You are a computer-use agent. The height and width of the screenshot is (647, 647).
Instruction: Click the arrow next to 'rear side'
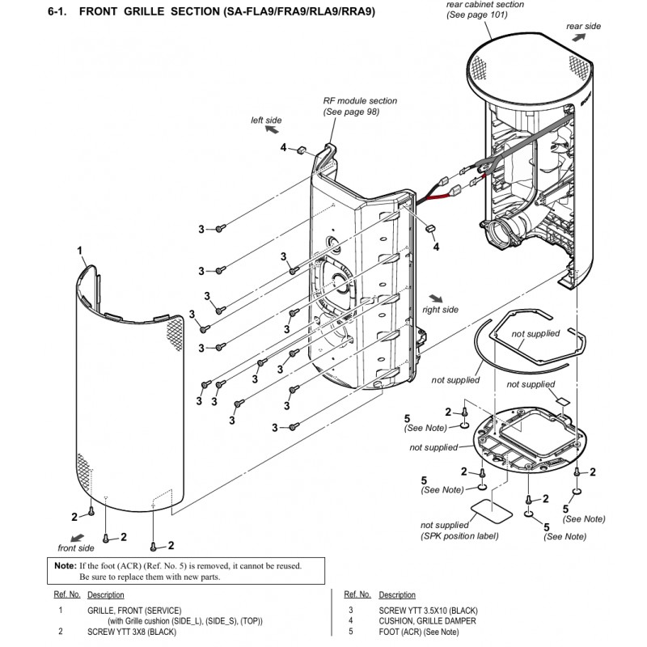coord(578,37)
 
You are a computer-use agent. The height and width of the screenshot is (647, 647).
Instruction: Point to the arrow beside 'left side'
coord(272,130)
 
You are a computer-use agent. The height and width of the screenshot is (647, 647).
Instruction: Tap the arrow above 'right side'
coord(436,298)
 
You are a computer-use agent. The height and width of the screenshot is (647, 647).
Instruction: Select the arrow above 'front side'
coord(77,538)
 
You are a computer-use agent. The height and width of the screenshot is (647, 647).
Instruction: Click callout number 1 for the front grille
coord(79,251)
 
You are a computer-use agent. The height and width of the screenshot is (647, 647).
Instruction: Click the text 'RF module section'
coord(360,100)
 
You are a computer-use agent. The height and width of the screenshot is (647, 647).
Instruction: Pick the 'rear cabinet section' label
coord(484,5)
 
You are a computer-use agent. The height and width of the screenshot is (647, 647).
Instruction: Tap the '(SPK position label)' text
coord(459,536)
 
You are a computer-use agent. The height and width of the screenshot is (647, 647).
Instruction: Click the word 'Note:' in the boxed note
coord(66,565)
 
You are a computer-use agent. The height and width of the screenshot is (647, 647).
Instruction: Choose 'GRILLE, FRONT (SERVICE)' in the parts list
coord(134,611)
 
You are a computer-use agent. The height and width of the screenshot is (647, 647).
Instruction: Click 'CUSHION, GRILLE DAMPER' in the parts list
coord(427,620)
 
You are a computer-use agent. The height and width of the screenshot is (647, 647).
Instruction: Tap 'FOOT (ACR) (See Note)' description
coord(418,632)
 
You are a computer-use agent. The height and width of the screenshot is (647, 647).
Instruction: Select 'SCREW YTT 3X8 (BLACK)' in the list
coord(132,632)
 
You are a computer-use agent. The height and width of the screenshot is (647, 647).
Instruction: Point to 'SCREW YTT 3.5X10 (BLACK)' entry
coord(428,611)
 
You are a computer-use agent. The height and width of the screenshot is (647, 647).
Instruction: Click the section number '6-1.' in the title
coord(57,11)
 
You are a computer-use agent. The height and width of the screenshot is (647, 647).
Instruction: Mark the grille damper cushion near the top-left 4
coord(301,149)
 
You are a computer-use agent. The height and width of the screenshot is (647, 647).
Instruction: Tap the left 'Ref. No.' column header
coord(67,594)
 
